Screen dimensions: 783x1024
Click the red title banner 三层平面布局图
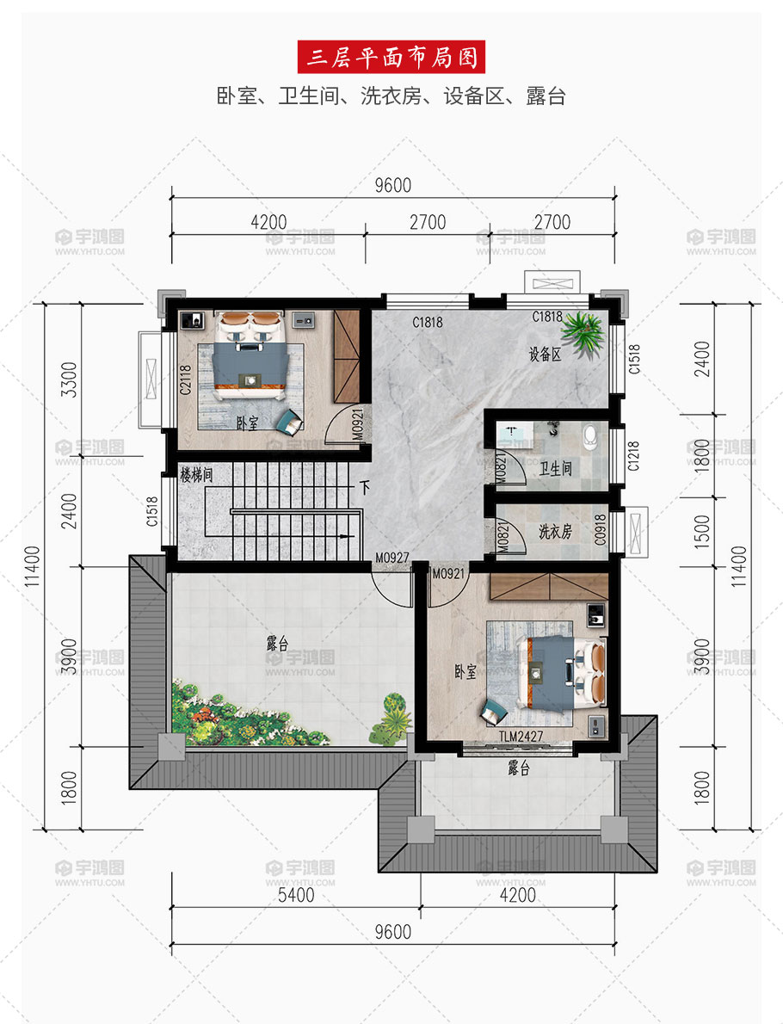pos(391,57)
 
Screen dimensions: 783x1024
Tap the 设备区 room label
pos(546,354)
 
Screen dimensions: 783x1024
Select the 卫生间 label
pos(556,467)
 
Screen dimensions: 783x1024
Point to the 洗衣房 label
pos(555,532)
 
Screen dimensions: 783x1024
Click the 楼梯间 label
pos(196,475)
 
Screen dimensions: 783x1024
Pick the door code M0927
pos(391,558)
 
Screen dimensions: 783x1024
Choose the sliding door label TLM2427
pos(521,737)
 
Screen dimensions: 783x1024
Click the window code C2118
pos(186,379)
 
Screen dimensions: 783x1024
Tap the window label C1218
pos(633,456)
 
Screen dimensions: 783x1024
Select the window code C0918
pos(600,529)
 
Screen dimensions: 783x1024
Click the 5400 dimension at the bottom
pos(296,894)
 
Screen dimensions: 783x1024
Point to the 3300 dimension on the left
pos(69,379)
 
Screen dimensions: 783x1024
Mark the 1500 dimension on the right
pos(701,532)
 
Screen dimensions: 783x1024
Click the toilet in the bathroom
pos(590,437)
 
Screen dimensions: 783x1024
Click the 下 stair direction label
pos(365,487)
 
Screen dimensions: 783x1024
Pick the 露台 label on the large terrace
pos(278,644)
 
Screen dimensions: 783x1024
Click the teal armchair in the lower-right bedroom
pos(494,711)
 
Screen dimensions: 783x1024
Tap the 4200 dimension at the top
pos(268,222)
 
